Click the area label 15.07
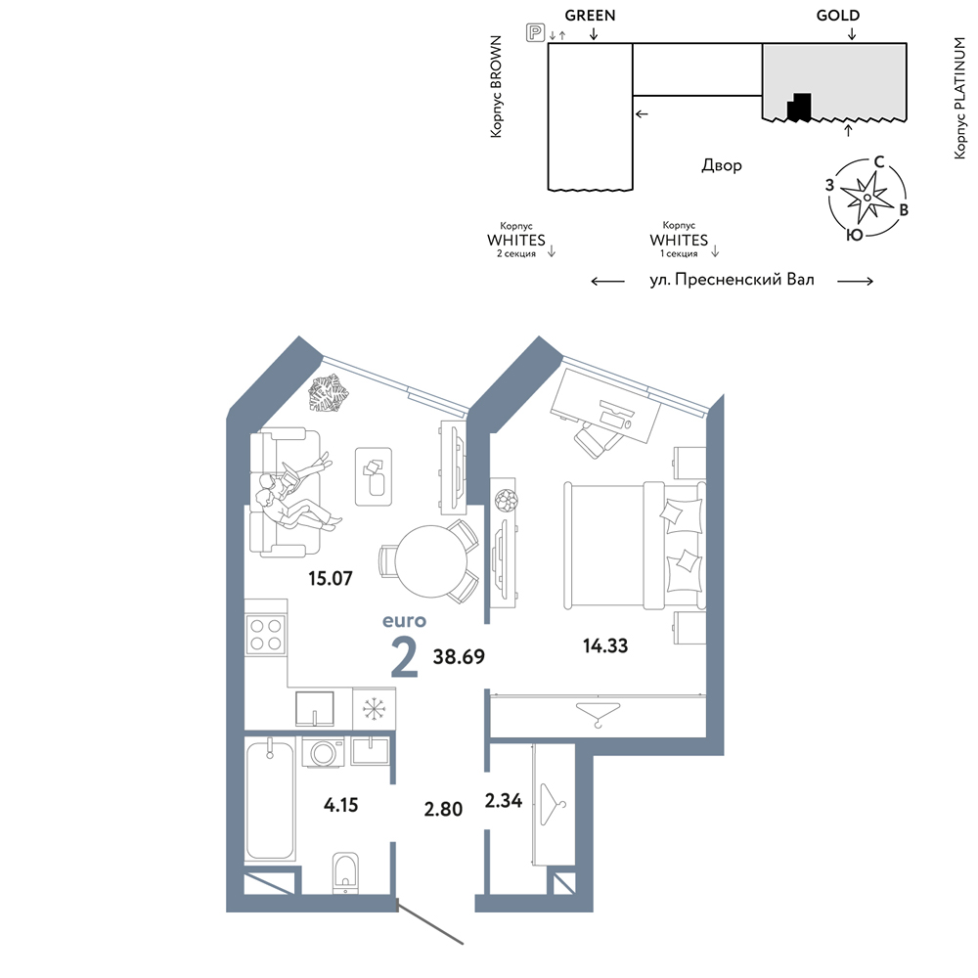pos(330,578)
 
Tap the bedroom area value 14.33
pos(605,645)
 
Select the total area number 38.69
pos(459,656)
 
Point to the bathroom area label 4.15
pos(340,805)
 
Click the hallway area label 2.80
pos(443,809)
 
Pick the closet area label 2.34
pos(504,800)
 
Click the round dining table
pos(431,560)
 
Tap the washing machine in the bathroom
pos(323,752)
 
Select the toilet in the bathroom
pos(345,872)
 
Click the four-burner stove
pos(266,634)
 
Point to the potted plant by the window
pos(329,393)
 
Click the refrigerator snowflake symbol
pos(375,709)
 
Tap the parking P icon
pos(535,32)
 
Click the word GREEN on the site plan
pos(590,15)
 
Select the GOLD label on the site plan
pos(838,15)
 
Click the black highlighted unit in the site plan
pos(800,107)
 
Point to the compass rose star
pos(867,198)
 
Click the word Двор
pos(722,165)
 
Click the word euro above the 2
pos(404,621)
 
